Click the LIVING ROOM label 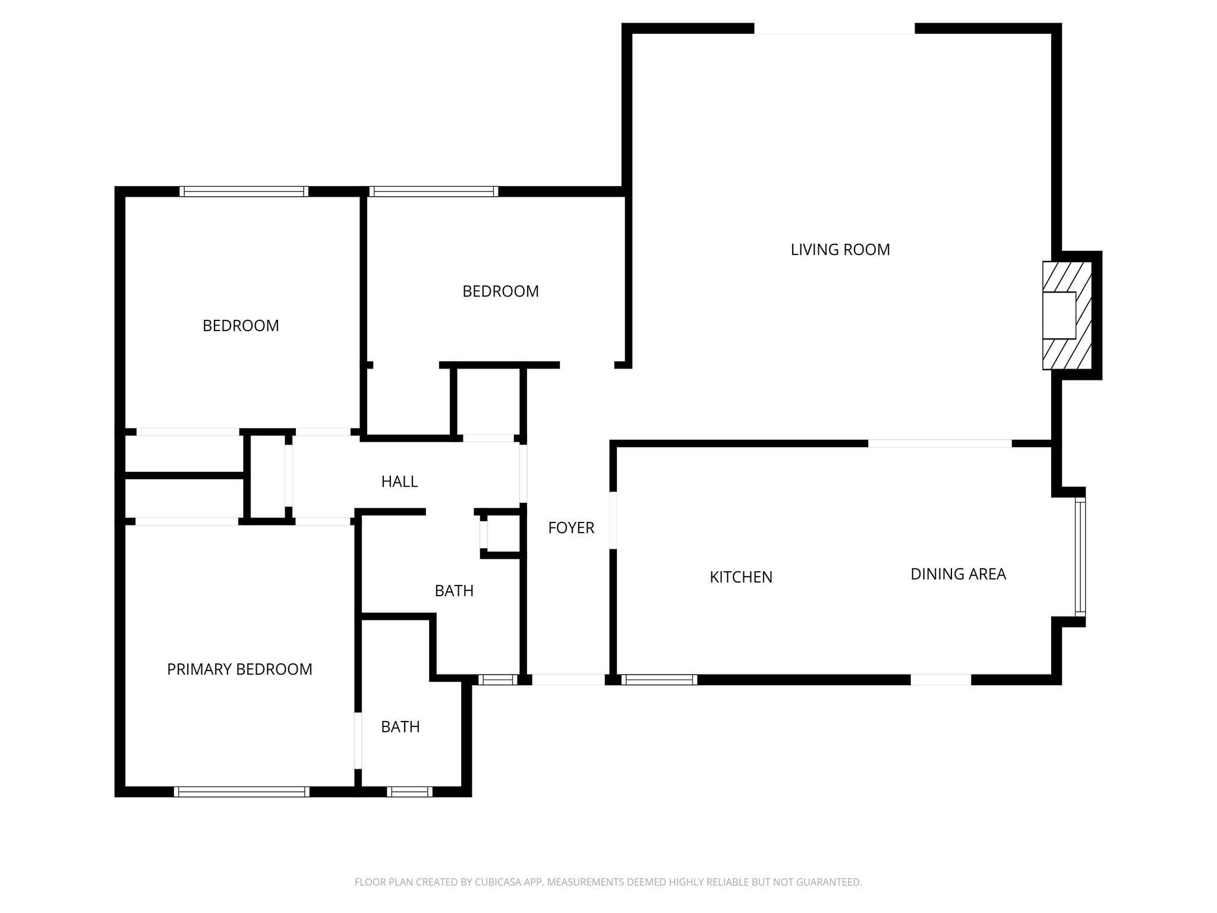click(840, 250)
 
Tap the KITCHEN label click(740, 577)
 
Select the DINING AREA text click(958, 574)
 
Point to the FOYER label click(570, 528)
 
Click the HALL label click(399, 481)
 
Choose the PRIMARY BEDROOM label click(239, 669)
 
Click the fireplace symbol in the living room click(1066, 316)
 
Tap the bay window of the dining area click(1080, 557)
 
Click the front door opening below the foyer click(567, 679)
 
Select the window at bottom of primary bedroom click(241, 791)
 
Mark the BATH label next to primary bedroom click(400, 727)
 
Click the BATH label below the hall click(453, 591)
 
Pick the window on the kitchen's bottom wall click(659, 679)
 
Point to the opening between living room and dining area click(939, 443)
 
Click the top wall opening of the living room click(834, 29)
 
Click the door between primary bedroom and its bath click(358, 741)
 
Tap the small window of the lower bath click(409, 791)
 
